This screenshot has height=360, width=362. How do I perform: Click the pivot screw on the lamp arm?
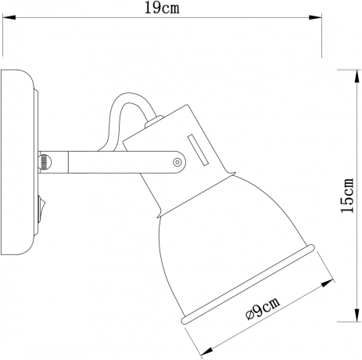[177, 162]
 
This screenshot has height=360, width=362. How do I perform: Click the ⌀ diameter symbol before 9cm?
[249, 315]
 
